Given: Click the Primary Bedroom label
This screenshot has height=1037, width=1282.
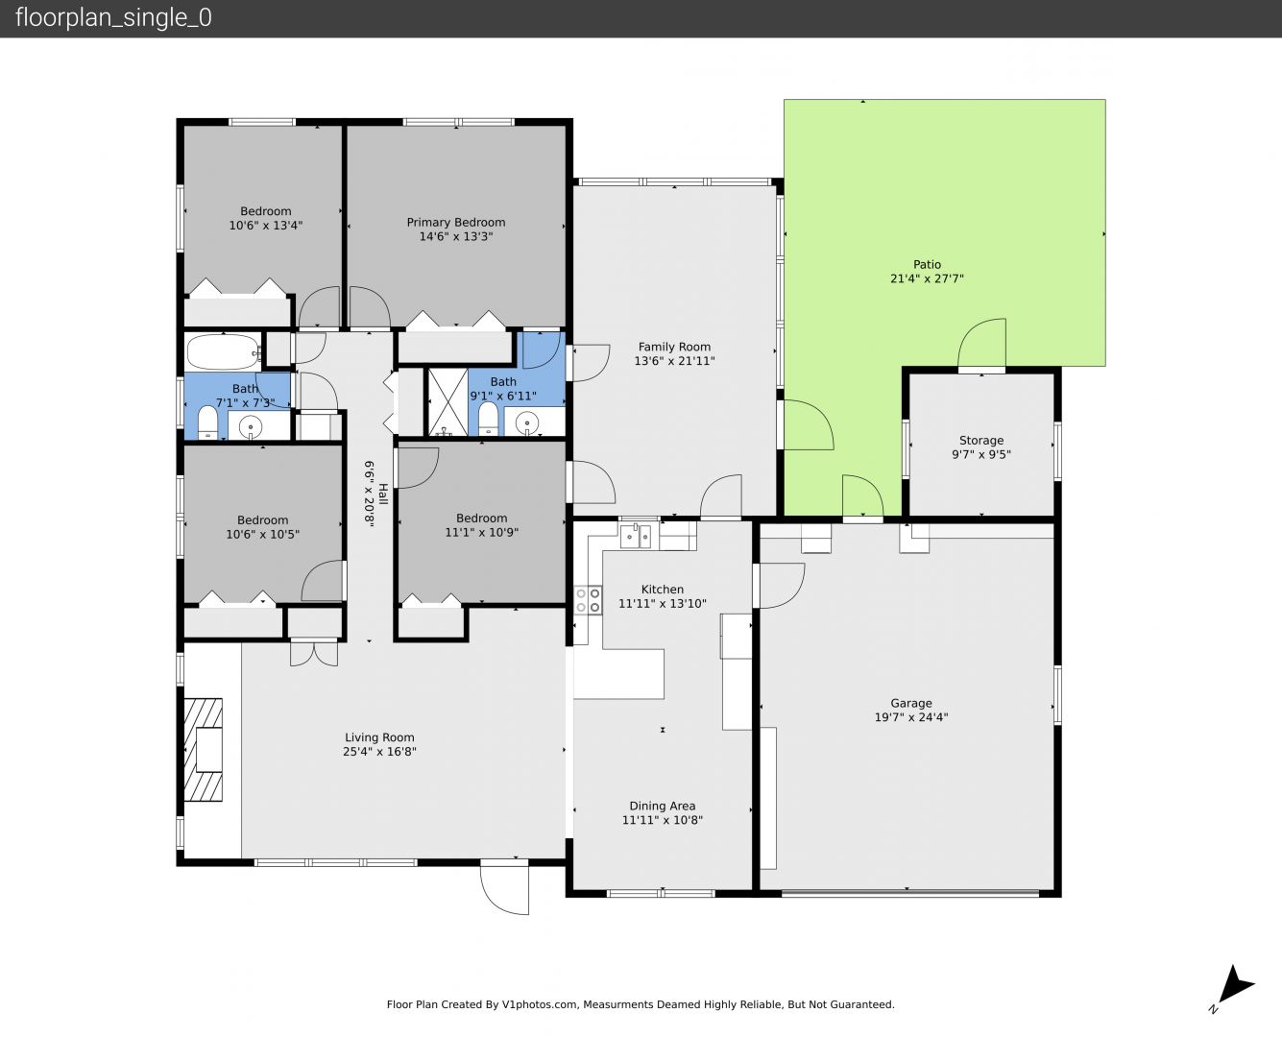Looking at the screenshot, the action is click(455, 222).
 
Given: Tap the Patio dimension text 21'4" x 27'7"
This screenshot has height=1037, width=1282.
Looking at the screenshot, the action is click(927, 278).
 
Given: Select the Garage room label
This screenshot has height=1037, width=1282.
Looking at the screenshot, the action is click(911, 703).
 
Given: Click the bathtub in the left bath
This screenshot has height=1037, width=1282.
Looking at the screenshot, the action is click(224, 352).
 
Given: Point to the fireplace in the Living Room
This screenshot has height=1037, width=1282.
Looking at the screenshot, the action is click(203, 749).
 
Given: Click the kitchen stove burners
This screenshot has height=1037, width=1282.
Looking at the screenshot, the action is click(588, 600).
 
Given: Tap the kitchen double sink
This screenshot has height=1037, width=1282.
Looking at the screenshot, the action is click(636, 536).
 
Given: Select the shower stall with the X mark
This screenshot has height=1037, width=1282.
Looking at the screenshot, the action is click(447, 402).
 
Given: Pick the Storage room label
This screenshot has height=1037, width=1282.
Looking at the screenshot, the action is click(981, 441).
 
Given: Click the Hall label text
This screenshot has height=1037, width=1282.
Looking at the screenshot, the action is click(383, 494).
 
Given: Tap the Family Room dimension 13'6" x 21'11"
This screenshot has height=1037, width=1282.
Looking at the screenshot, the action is click(674, 361).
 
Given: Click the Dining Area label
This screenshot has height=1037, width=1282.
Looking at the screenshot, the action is click(662, 806).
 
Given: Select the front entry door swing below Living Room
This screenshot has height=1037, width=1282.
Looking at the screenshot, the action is click(504, 886).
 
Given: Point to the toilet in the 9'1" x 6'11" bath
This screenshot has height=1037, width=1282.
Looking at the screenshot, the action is click(488, 419).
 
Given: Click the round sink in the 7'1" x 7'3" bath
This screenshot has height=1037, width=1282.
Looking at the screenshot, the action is click(251, 427).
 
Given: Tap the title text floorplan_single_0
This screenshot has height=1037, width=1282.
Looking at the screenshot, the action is click(113, 18).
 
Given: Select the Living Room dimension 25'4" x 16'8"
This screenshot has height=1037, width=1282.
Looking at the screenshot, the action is click(379, 752).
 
